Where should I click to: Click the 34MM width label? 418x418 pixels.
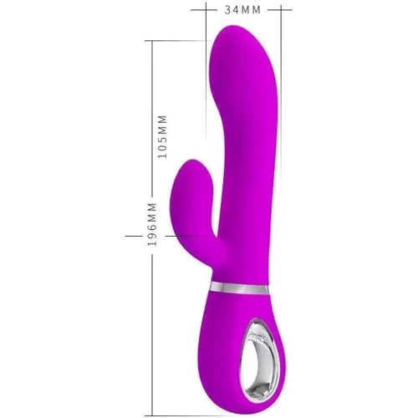tap(242, 10)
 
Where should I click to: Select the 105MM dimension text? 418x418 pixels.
tap(162, 136)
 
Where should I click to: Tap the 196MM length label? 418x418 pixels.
tap(152, 225)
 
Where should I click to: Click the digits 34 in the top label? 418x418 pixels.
tap(232, 10)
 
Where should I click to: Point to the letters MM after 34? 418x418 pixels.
tap(251, 10)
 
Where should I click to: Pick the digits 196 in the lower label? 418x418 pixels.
tap(152, 236)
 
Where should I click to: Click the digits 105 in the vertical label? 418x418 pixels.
tap(162, 149)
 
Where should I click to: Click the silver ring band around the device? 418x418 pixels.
tap(239, 288)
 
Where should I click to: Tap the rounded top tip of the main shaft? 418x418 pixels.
tap(232, 27)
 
